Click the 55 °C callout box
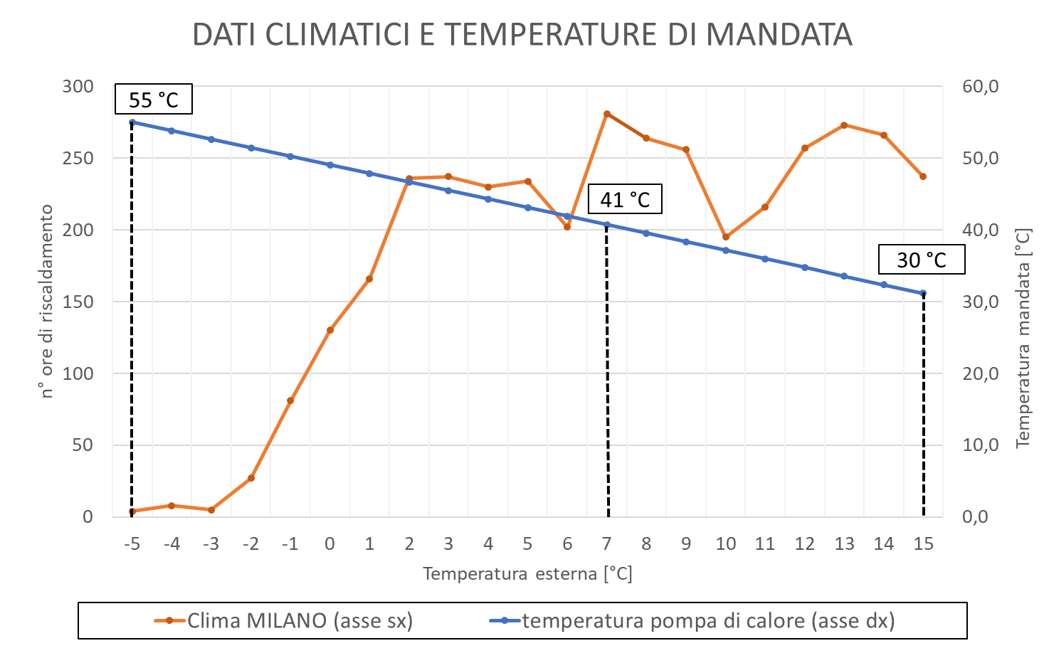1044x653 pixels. click(x=154, y=100)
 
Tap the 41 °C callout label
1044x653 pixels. click(x=625, y=199)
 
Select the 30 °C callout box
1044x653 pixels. click(x=922, y=260)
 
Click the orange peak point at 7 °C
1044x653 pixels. click(x=607, y=114)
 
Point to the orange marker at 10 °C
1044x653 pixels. click(x=726, y=237)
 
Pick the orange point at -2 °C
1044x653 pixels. click(x=251, y=478)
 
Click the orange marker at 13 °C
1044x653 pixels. click(x=844, y=125)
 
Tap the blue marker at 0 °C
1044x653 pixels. click(x=330, y=165)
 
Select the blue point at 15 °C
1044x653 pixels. click(x=923, y=293)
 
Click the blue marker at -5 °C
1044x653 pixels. click(x=132, y=122)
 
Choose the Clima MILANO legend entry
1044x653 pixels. click(x=285, y=621)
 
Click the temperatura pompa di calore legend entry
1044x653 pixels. click(x=693, y=621)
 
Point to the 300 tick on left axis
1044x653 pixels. click(x=78, y=87)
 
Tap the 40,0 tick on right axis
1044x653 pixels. click(x=981, y=230)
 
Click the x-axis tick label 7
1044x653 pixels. click(x=607, y=544)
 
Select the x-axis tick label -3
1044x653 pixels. click(x=211, y=544)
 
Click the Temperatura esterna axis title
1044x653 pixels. click(x=527, y=574)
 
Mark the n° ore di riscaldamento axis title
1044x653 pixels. click(x=47, y=302)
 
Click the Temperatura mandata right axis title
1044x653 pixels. click(x=1023, y=338)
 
